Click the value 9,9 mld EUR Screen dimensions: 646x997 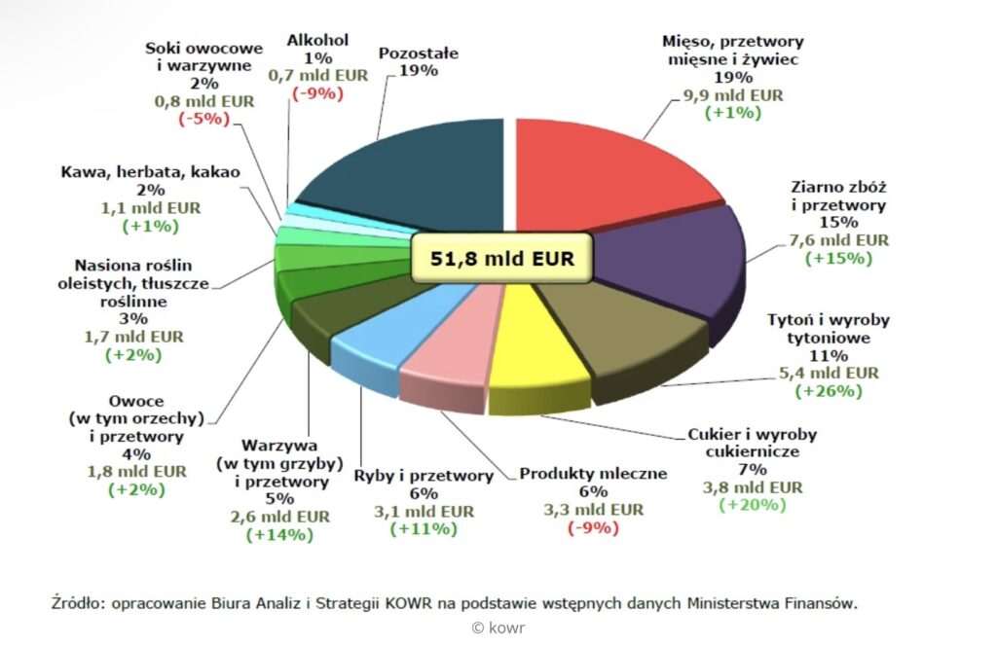click(x=734, y=95)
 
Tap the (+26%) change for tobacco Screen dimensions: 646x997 click(x=830, y=391)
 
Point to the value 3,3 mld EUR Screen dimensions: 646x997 click(x=593, y=509)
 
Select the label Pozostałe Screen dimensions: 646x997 click(x=419, y=53)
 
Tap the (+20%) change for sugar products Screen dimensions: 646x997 click(x=753, y=505)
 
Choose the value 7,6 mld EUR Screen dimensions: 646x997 click(x=838, y=240)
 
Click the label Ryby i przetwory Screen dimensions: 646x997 click(x=424, y=476)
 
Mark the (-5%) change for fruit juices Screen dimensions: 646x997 click(x=203, y=118)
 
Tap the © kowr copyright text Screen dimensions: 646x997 click(x=498, y=628)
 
